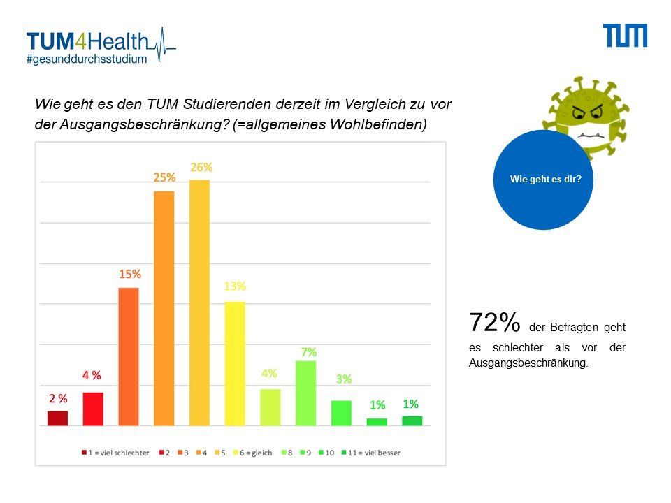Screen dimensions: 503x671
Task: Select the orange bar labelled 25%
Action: [x=164, y=308]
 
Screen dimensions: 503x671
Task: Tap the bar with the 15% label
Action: [x=129, y=356]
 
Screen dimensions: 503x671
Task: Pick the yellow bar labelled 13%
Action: [x=235, y=363]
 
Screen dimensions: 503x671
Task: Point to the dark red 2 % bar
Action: [x=58, y=418]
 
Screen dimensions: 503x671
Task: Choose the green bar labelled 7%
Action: [x=306, y=393]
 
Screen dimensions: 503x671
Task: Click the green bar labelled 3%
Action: [x=341, y=413]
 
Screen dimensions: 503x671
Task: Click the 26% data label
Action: [x=201, y=168]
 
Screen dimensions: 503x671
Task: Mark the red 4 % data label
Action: [x=91, y=375]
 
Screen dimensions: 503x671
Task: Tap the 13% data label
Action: [x=235, y=286]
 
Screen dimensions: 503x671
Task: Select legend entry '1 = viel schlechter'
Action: [x=116, y=453]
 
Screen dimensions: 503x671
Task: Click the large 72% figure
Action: [x=495, y=323]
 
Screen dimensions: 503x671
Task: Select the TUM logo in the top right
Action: [x=626, y=36]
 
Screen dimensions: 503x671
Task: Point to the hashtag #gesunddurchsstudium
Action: [x=87, y=59]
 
